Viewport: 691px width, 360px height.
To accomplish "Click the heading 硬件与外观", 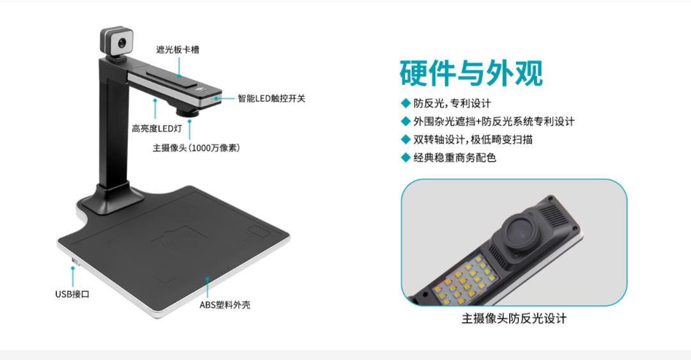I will pyautogui.click(x=471, y=73).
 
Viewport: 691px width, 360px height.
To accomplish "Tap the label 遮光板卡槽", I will pyautogui.click(x=178, y=49).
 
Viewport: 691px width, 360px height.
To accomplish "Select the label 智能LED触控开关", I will pyautogui.click(x=271, y=98).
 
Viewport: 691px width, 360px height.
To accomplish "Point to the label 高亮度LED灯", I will pyautogui.click(x=157, y=128).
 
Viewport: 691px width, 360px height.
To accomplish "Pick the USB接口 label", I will pyautogui.click(x=72, y=294).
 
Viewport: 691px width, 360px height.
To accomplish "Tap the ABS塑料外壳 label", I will pyautogui.click(x=225, y=304).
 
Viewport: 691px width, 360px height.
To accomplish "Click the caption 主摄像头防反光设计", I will pyautogui.click(x=513, y=319).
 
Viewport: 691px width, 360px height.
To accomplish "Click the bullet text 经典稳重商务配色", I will pyautogui.click(x=455, y=157).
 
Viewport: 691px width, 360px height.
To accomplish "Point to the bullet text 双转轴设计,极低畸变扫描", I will pyautogui.click(x=473, y=139).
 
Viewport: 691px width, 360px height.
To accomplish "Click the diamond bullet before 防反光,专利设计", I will pyautogui.click(x=405, y=103).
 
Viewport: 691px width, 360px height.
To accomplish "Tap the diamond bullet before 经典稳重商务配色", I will pyautogui.click(x=405, y=157).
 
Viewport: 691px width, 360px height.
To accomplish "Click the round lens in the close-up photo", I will pyautogui.click(x=519, y=232).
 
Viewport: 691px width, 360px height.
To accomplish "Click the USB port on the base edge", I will pyautogui.click(x=74, y=261).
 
